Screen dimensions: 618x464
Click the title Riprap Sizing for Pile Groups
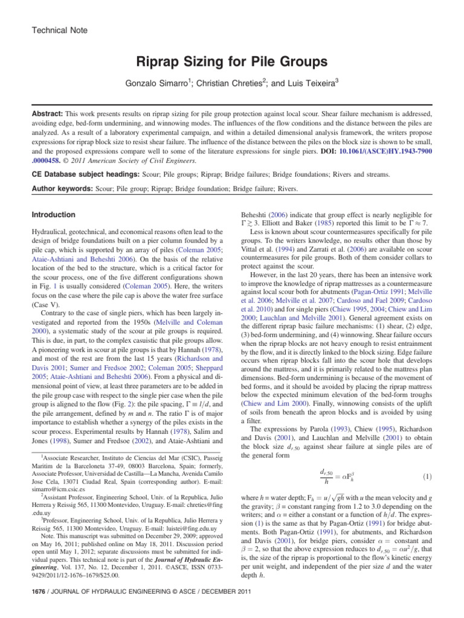232,62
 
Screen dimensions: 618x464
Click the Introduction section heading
53,215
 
